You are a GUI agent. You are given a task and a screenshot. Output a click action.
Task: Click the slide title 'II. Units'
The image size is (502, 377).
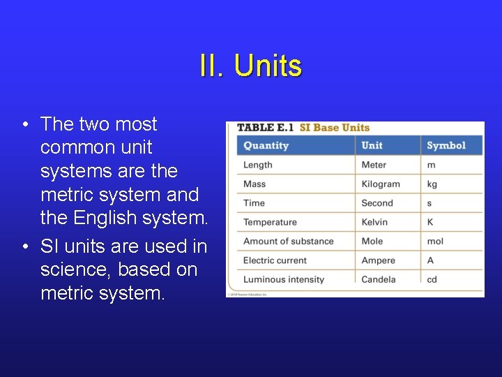point(250,66)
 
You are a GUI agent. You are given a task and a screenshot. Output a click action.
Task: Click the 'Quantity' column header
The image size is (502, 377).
point(266,145)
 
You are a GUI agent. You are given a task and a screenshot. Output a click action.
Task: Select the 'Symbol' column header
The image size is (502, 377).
point(446,145)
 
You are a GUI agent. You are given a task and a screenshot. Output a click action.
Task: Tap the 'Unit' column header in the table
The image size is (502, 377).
point(372,145)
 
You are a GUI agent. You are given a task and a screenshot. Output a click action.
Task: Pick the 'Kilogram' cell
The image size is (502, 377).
point(381,184)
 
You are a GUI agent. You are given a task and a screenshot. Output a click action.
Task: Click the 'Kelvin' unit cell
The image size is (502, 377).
point(376,222)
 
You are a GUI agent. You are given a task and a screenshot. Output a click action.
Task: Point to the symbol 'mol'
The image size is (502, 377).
point(435,242)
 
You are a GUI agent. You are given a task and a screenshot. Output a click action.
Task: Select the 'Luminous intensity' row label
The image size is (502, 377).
point(283,279)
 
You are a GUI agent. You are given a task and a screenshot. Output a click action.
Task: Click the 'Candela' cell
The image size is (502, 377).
point(379,279)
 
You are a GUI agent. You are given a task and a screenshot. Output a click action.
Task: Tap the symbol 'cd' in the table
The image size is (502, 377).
point(432,279)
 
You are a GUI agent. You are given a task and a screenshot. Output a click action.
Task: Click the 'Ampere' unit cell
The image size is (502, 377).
point(379,260)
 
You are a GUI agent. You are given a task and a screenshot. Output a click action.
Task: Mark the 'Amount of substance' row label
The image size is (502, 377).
point(288,242)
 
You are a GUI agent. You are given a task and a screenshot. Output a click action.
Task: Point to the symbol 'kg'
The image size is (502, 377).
point(432,184)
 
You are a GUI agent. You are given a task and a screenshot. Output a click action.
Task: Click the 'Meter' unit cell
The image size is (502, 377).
point(374,165)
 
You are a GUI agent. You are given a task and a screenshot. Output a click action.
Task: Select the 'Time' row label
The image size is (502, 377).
point(254,203)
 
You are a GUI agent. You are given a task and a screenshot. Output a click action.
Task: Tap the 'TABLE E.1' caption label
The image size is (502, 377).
point(265,128)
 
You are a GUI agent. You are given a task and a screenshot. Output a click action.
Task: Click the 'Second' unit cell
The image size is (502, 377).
point(377,203)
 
